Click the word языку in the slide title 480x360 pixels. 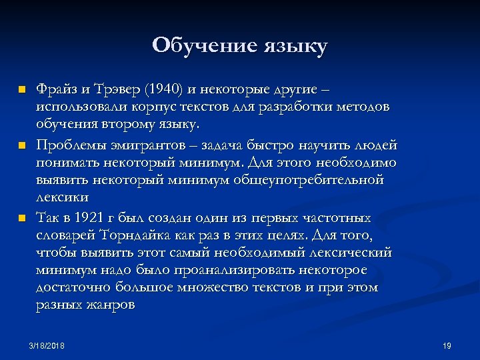tap(295, 47)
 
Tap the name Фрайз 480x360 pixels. tap(57, 89)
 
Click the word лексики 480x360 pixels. tap(63, 197)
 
